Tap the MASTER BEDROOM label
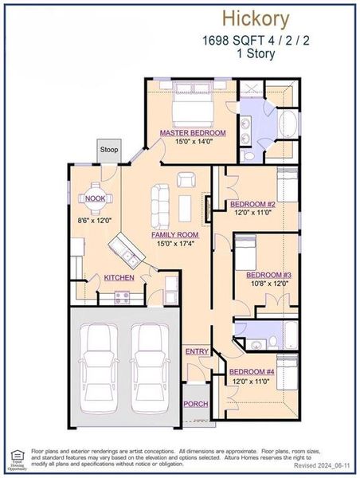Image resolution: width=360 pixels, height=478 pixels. [x=192, y=132]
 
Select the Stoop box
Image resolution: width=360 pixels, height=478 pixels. [x=108, y=150]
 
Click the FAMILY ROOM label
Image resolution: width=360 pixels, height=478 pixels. [x=174, y=235]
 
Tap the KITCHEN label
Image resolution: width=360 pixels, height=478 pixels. [x=119, y=277]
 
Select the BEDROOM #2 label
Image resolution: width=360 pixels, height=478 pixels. [x=252, y=203]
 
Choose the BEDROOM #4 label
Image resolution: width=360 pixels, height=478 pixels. [x=252, y=372]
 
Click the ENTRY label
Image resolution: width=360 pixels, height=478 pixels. [x=197, y=351]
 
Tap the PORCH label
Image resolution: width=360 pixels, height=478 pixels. [x=196, y=404]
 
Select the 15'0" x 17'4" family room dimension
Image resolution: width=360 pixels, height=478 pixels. [x=174, y=245]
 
